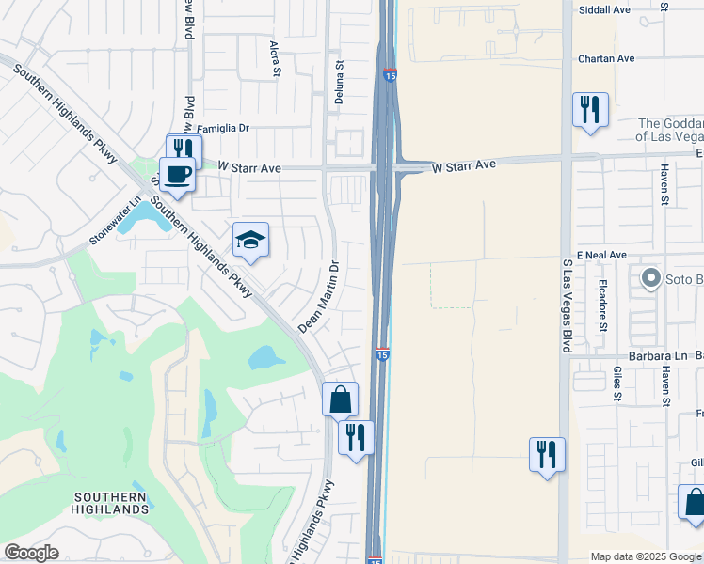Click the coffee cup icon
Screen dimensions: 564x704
(x=177, y=173)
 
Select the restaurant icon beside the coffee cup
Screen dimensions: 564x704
(x=184, y=149)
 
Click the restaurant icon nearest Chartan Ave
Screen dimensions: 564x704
(x=590, y=109)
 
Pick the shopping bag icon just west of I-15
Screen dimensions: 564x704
(x=340, y=399)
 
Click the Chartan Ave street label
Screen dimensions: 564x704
(x=607, y=58)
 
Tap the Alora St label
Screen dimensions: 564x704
(x=276, y=57)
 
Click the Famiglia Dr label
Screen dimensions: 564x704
(x=220, y=127)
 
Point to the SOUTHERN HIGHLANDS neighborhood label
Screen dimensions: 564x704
(x=110, y=503)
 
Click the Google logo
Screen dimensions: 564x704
(x=31, y=553)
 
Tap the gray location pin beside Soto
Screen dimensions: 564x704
(x=649, y=278)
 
